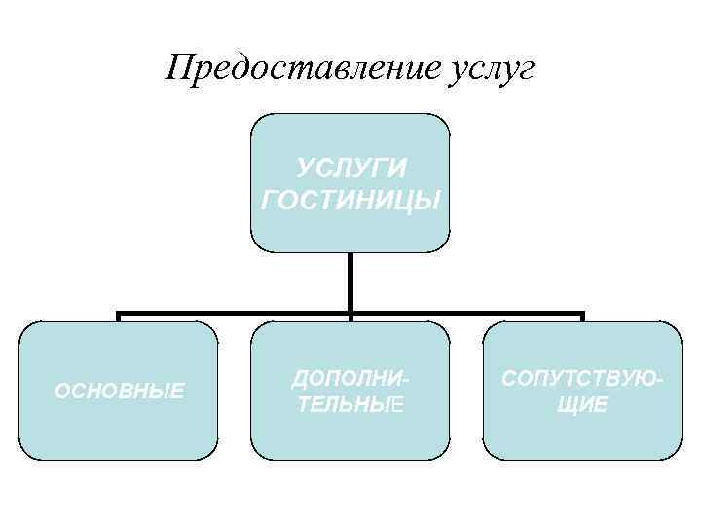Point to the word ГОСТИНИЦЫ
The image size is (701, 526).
tap(350, 200)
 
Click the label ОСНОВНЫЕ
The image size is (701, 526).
tap(119, 392)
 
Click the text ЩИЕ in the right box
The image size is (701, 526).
tap(582, 403)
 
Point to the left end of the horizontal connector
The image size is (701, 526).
tap(118, 315)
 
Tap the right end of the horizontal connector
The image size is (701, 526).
tap(582, 315)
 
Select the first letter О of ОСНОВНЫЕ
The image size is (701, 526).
tap(61, 392)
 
